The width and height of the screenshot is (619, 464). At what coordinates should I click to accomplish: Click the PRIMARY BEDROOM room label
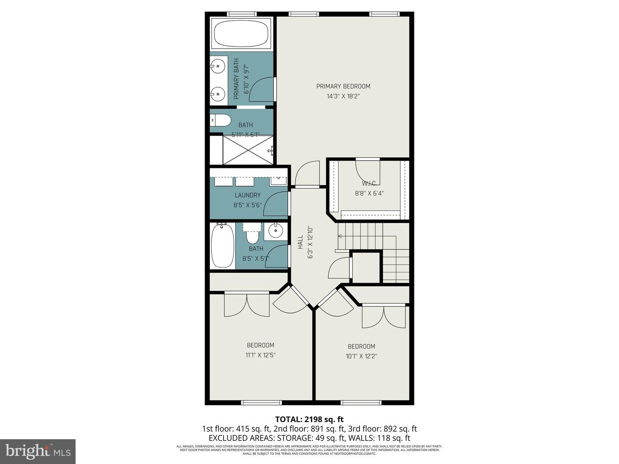[343, 86]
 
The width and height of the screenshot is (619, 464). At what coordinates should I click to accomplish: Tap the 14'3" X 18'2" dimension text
[343, 96]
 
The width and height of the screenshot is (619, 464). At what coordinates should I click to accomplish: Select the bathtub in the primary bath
[241, 33]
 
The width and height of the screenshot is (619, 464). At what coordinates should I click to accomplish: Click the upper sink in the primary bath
[218, 66]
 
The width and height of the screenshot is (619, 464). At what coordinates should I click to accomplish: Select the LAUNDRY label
[248, 195]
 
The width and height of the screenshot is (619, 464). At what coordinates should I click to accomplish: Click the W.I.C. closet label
[369, 183]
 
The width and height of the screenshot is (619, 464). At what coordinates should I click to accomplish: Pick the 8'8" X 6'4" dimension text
[369, 193]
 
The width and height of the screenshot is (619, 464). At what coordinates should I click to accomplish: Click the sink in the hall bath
[276, 231]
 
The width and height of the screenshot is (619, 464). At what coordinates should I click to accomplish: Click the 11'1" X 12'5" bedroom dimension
[260, 355]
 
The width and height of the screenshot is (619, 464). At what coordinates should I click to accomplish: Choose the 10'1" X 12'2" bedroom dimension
[362, 356]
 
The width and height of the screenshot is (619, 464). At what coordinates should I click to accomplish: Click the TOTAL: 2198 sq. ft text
[309, 419]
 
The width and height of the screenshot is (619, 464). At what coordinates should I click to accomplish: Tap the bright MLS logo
[38, 451]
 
